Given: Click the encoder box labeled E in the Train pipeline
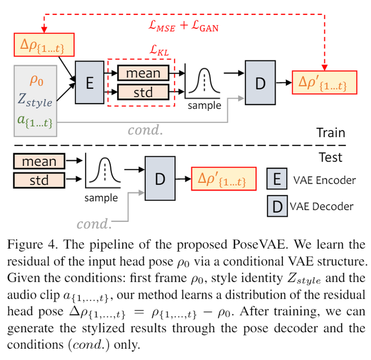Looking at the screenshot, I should pyautogui.click(x=90, y=82).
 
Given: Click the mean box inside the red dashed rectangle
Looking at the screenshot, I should pyautogui.click(x=143, y=73).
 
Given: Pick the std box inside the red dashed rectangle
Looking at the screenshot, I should pyautogui.click(x=143, y=92).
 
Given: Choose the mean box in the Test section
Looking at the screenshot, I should pyautogui.click(x=39, y=161).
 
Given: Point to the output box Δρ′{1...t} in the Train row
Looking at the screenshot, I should pyautogui.click(x=324, y=83).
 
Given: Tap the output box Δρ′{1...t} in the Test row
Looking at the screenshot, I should pyautogui.click(x=224, y=179).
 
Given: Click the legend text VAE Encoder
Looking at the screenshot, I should pyautogui.click(x=324, y=180).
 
